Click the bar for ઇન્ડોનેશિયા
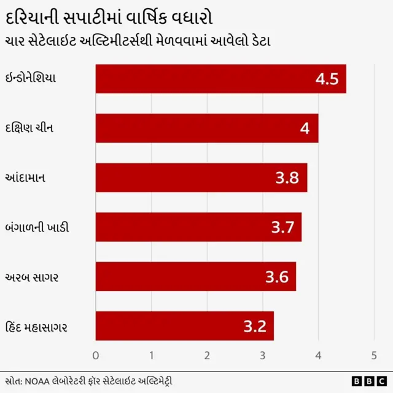pyautogui.click(x=220, y=79)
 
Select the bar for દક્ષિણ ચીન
pyautogui.click(x=206, y=128)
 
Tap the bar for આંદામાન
pyautogui.click(x=201, y=177)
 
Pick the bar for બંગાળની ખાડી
pyautogui.click(x=198, y=227)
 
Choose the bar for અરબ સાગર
pyautogui.click(x=195, y=276)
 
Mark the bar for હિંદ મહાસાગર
pyautogui.click(x=184, y=326)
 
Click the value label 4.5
pyautogui.click(x=327, y=79)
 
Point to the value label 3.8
pyautogui.click(x=287, y=178)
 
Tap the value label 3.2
pyautogui.click(x=254, y=327)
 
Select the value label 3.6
pyautogui.click(x=276, y=277)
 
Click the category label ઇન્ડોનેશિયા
pyautogui.click(x=39, y=79)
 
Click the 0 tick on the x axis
pyautogui.click(x=95, y=356)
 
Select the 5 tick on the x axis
pyautogui.click(x=373, y=356)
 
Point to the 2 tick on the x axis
pyautogui.click(x=207, y=356)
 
